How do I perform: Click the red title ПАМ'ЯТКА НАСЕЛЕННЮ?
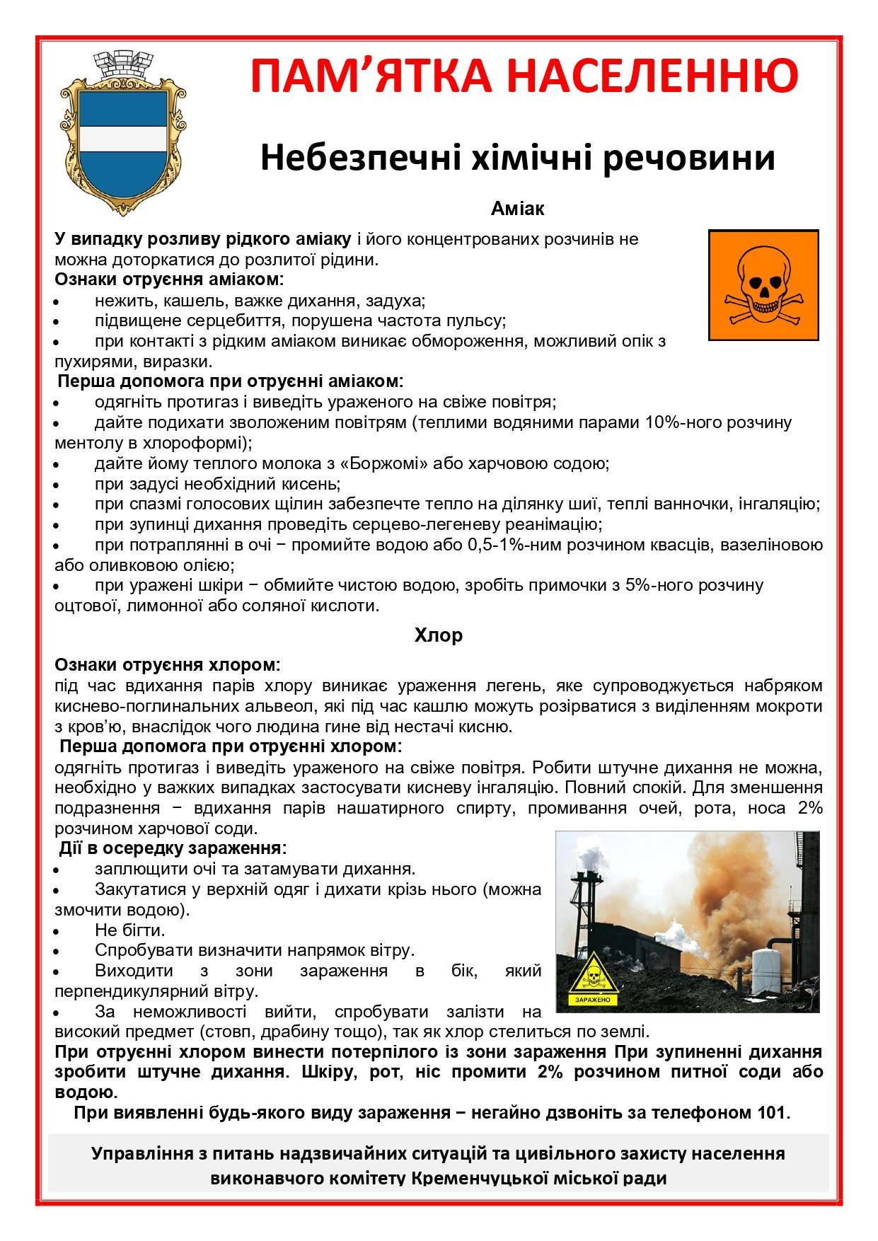point(524,76)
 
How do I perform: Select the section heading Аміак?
point(517,209)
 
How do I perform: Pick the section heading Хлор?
point(439,635)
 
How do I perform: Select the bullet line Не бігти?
point(129,930)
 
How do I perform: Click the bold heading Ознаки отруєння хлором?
point(168,665)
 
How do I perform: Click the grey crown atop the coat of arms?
point(124,64)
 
